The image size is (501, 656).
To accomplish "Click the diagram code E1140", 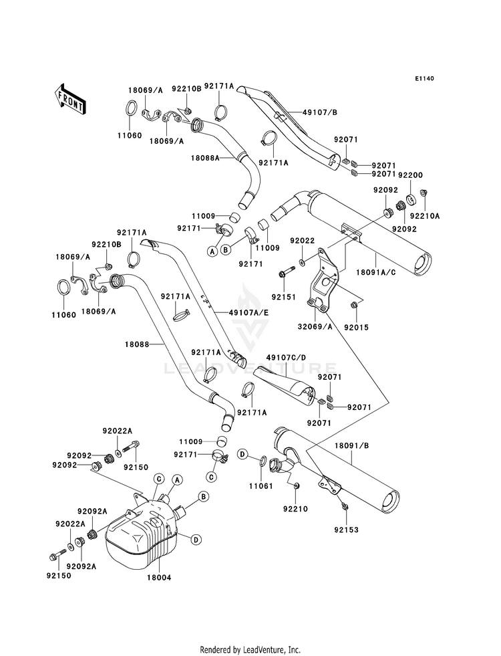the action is [425, 78].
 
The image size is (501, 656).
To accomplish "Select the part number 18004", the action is [158, 577].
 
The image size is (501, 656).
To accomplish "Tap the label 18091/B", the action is [352, 446].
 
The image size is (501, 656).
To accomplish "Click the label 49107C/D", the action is [286, 357].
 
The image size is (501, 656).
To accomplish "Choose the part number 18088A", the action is [205, 158].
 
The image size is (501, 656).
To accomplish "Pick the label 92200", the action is [411, 175].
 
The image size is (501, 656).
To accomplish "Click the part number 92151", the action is [283, 298].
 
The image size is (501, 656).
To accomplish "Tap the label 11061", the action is [261, 486].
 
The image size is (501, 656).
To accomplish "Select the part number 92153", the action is [347, 530].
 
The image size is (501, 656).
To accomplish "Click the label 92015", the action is [357, 328].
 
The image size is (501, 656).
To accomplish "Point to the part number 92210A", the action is [425, 216].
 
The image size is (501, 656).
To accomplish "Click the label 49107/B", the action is [320, 112].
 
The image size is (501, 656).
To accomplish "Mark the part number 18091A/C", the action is [376, 272].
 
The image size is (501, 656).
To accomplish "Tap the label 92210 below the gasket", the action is [295, 509].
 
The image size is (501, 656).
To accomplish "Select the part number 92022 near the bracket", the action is [303, 241].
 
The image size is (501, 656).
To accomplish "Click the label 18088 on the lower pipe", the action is [137, 344].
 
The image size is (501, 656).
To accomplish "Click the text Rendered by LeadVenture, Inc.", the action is [251, 650].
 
